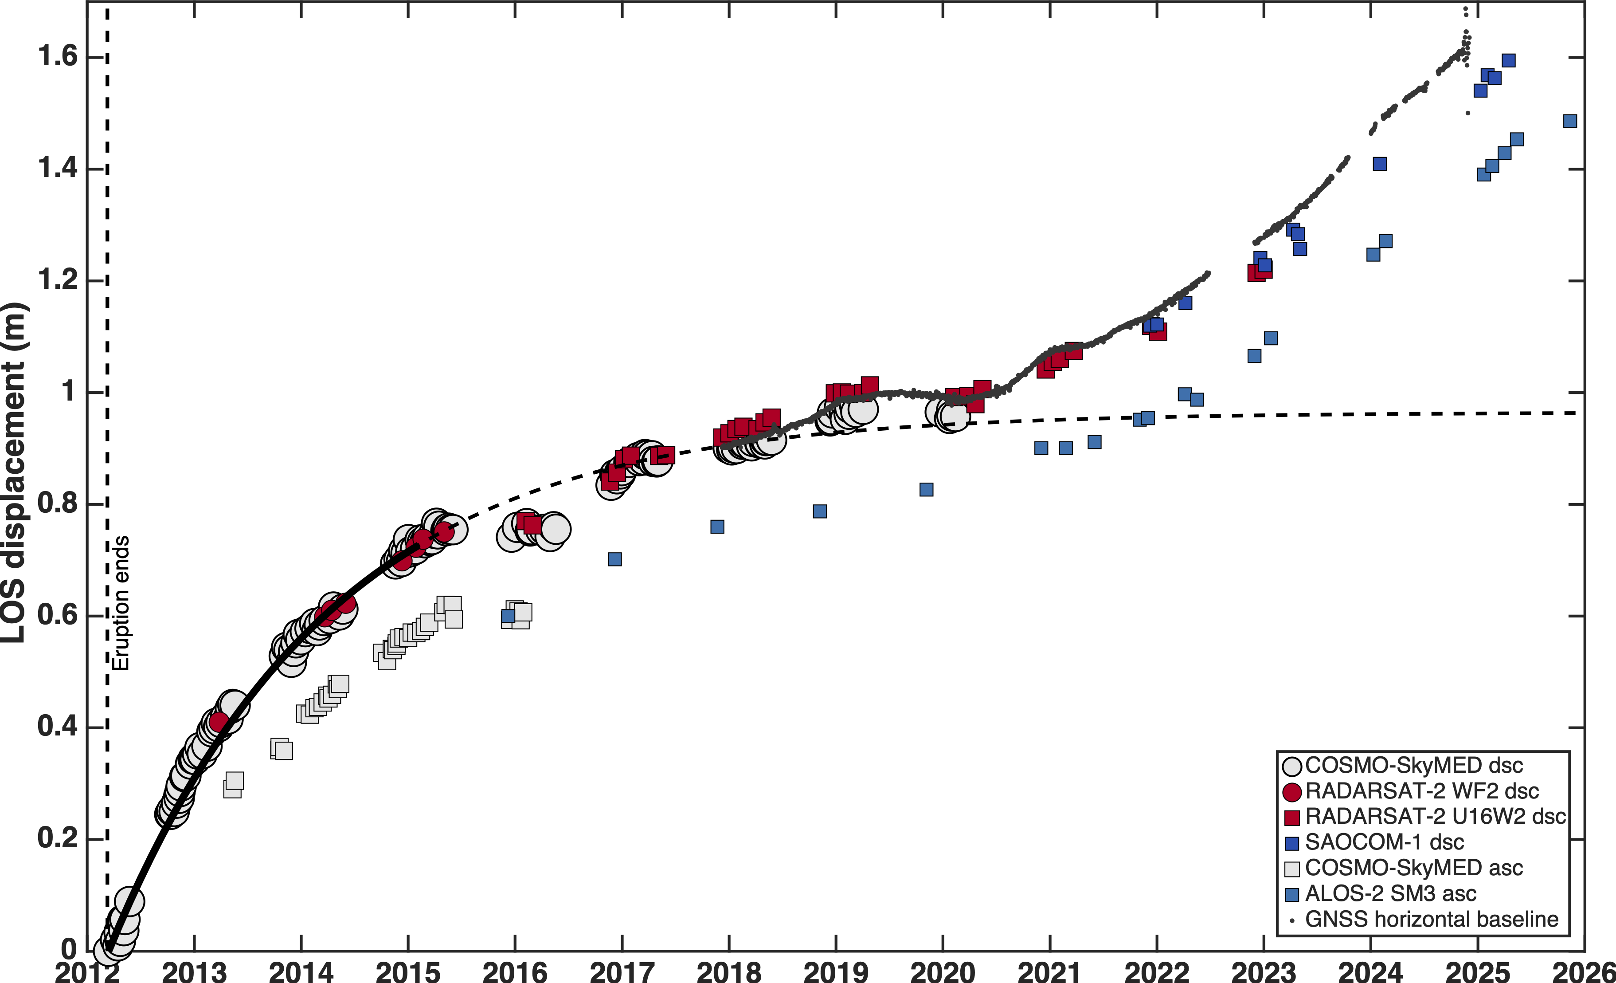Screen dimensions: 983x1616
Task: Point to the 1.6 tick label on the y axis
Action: click(x=58, y=56)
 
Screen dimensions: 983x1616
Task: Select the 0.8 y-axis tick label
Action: click(x=58, y=503)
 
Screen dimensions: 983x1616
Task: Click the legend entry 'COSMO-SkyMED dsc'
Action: click(x=1413, y=765)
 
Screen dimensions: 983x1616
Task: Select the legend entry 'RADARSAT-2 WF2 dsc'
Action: click(x=1421, y=791)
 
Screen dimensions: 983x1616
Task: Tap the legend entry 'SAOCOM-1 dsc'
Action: click(x=1384, y=842)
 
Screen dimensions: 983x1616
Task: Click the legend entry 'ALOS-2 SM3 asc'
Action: click(x=1390, y=894)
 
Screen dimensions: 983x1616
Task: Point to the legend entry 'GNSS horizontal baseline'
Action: click(x=1431, y=920)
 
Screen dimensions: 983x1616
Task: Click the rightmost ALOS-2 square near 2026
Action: click(x=1569, y=122)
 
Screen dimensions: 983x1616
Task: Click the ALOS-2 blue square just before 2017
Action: click(x=614, y=559)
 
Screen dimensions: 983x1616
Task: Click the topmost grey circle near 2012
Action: click(x=129, y=901)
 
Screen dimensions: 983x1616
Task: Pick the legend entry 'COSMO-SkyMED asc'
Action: click(x=1413, y=868)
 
